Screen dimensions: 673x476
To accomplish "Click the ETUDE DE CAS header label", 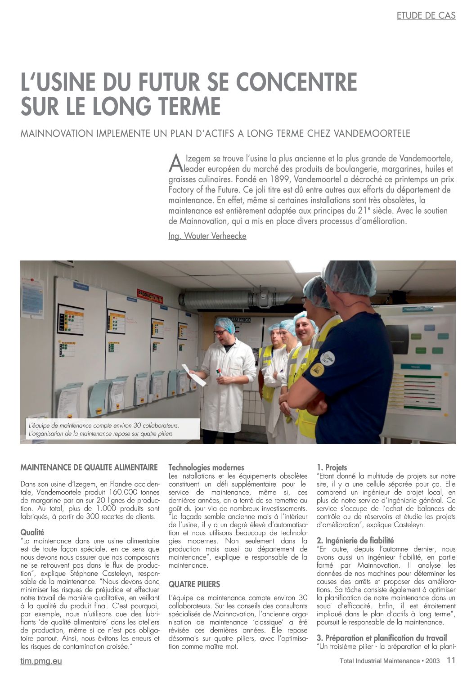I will [x=426, y=16].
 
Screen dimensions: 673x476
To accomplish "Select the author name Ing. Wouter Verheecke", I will [x=207, y=236].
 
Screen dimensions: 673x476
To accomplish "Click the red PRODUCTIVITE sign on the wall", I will [x=149, y=296].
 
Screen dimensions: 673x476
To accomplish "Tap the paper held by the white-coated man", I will [x=194, y=375].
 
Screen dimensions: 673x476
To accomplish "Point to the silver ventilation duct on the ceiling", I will [x=234, y=297].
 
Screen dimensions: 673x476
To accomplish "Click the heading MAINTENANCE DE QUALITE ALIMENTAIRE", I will [x=89, y=467].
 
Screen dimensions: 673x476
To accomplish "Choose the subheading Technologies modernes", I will [x=206, y=467].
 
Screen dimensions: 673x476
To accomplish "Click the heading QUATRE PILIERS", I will [x=194, y=584].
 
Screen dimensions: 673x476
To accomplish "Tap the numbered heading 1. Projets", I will [x=332, y=467].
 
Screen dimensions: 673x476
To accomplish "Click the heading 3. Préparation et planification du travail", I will [x=382, y=638].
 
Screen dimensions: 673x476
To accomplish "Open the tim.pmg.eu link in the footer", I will [x=41, y=661].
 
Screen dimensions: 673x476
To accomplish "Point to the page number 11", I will [x=451, y=660].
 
